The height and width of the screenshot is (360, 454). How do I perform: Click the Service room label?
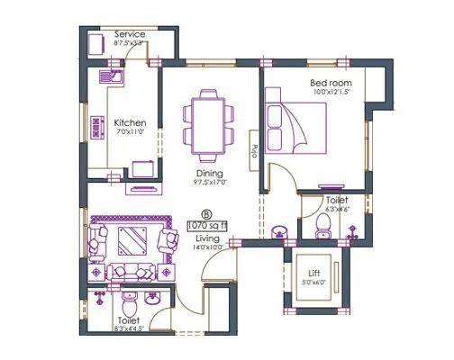point(130,34)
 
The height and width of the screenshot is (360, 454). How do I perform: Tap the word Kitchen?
point(130,122)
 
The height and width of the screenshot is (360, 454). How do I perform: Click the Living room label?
point(208,238)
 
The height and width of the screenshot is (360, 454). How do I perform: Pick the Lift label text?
point(314,271)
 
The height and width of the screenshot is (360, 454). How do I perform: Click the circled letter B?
point(207,214)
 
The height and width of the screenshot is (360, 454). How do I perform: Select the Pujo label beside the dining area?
point(256,150)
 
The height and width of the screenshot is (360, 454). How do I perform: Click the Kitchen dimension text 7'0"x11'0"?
point(130,132)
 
